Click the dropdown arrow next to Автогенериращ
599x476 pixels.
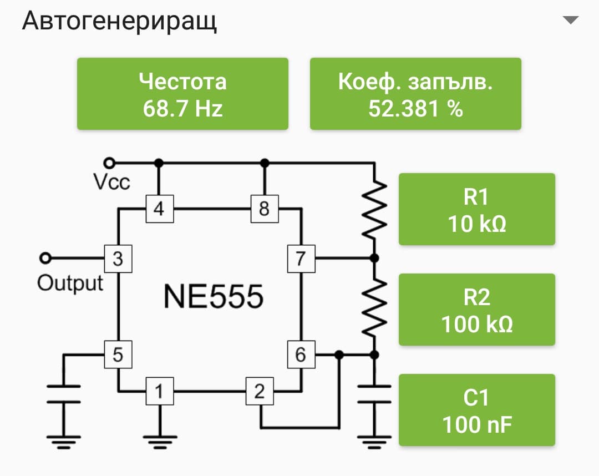[570, 21]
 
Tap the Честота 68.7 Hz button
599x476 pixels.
[182, 94]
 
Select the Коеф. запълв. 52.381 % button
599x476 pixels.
[415, 94]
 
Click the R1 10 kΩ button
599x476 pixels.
[477, 209]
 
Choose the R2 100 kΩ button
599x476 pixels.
[477, 310]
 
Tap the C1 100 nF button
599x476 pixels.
[477, 410]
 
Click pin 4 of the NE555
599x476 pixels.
[159, 209]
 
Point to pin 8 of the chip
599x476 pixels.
[264, 209]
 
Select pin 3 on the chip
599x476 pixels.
[118, 259]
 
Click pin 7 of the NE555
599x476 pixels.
[301, 259]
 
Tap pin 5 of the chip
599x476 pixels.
[118, 354]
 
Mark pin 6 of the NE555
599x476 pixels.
[301, 354]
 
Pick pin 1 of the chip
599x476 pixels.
[159, 392]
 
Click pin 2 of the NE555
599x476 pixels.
[260, 392]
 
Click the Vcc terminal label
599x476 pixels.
[111, 181]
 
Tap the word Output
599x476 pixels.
[70, 283]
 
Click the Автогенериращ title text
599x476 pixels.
[119, 21]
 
